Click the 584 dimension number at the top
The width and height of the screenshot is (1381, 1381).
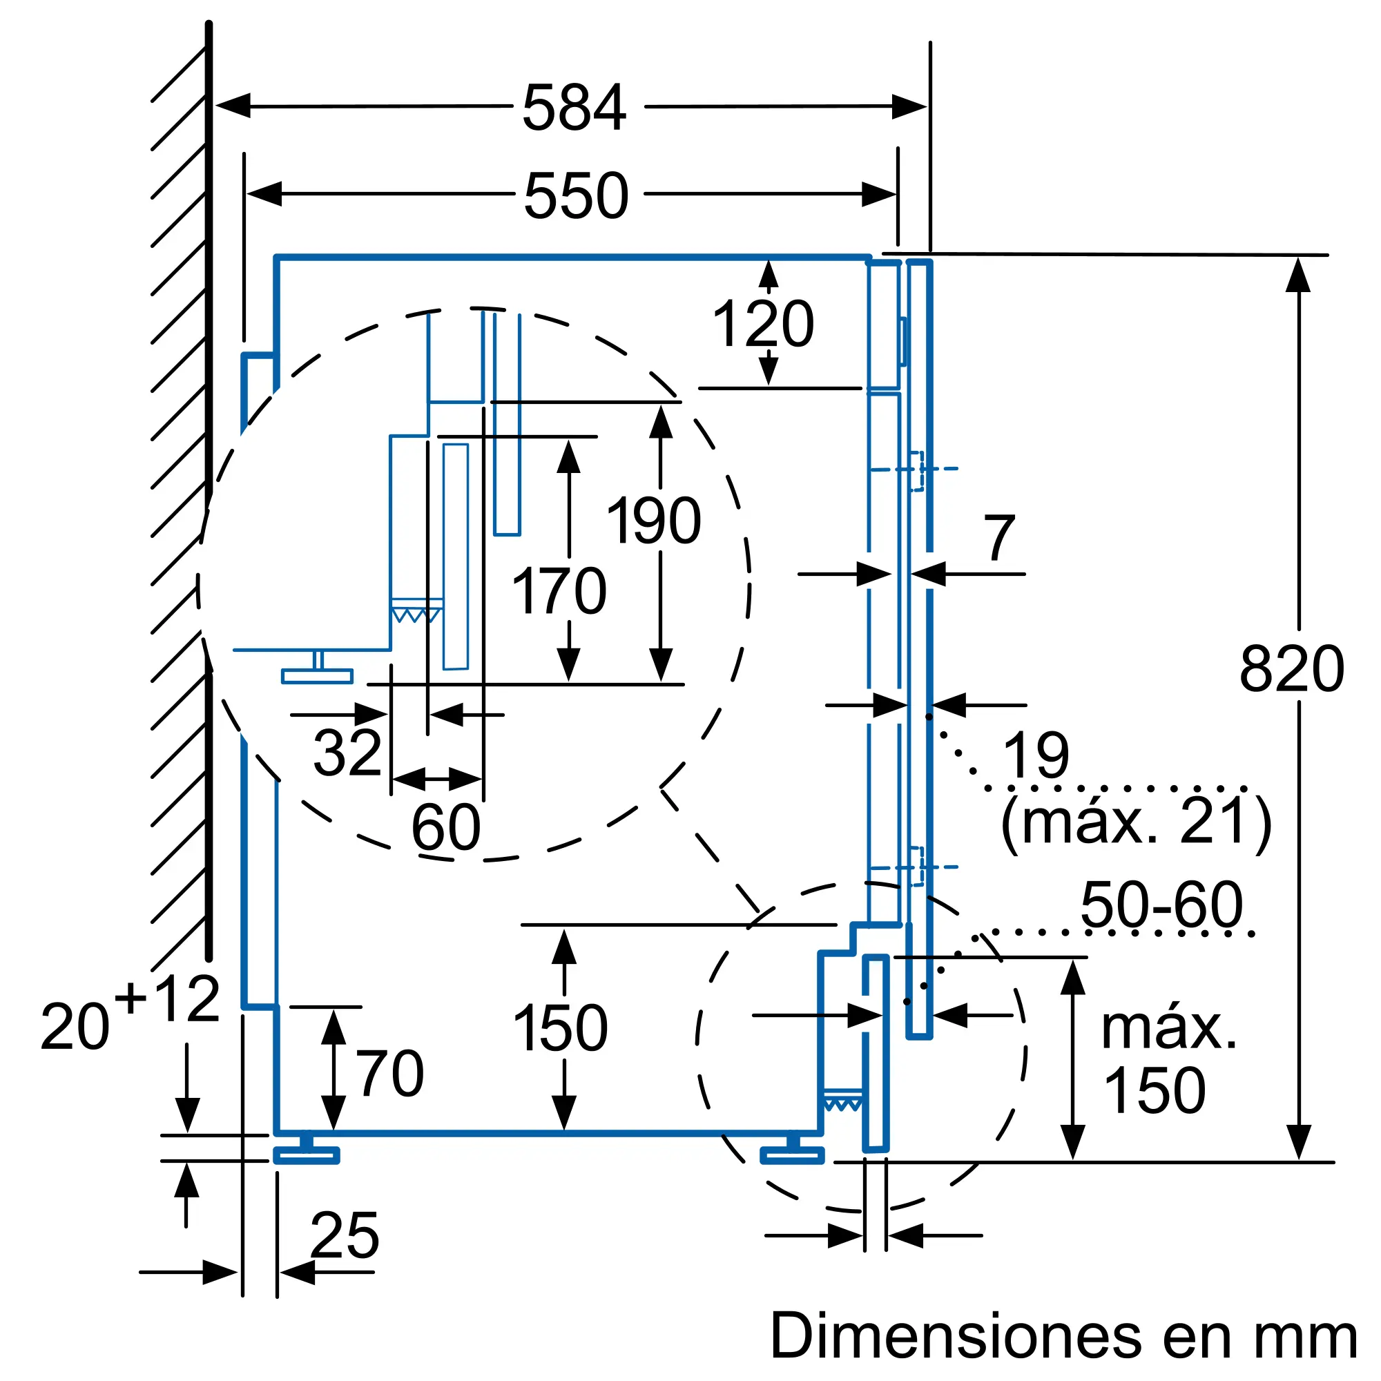pyautogui.click(x=574, y=108)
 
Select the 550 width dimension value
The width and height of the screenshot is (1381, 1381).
pyautogui.click(x=576, y=196)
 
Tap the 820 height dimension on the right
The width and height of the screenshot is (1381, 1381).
pyautogui.click(x=1292, y=669)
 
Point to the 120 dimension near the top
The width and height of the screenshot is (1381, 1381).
pyautogui.click(x=763, y=325)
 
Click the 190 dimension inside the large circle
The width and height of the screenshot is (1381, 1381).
pyautogui.click(x=653, y=521)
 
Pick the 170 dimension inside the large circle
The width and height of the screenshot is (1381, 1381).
pyautogui.click(x=559, y=591)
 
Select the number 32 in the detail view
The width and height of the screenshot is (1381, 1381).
pyautogui.click(x=347, y=753)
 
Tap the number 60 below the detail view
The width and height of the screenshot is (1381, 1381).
pyautogui.click(x=446, y=828)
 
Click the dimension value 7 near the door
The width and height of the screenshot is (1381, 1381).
pyautogui.click(x=998, y=539)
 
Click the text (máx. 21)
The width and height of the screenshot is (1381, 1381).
pyautogui.click(x=1136, y=824)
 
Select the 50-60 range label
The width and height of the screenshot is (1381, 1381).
pyautogui.click(x=1161, y=905)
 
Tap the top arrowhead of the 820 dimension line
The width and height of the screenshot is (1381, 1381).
pyautogui.click(x=1298, y=276)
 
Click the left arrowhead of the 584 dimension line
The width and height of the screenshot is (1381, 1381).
pyautogui.click(x=232, y=106)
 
